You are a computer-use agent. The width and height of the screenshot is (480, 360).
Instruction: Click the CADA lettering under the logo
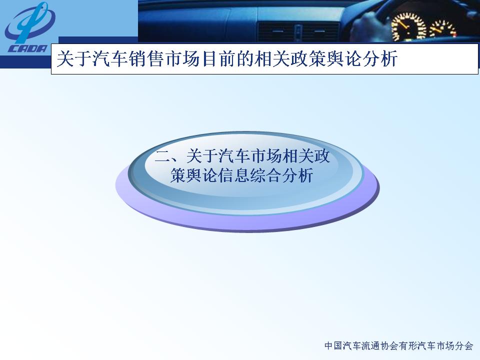(27, 48)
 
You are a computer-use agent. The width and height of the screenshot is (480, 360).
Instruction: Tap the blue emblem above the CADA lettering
(29, 22)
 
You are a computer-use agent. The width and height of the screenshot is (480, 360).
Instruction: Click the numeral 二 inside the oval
(162, 156)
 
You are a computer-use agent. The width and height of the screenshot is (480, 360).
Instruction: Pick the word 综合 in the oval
(265, 175)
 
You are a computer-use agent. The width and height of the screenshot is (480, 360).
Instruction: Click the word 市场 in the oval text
(265, 156)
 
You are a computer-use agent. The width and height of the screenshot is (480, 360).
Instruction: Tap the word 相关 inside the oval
(297, 156)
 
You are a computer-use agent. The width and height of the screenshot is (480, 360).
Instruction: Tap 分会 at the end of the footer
(464, 345)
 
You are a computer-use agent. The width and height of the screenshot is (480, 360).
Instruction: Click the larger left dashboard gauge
(408, 27)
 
